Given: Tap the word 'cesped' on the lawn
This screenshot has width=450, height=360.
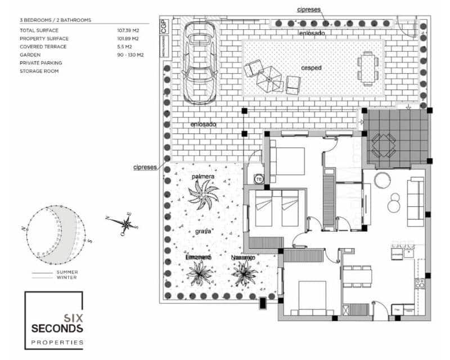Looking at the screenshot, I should coord(310,68).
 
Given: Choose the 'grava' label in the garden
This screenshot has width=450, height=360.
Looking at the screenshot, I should coord(204,231).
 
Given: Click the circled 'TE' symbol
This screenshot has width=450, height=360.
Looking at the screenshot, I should coord(259,179).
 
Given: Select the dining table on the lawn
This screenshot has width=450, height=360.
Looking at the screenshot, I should coord(367,68).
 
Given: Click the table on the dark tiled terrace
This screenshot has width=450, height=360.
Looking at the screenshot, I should coord(384,145).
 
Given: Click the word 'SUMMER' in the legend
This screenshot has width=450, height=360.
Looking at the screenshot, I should coord(67,272).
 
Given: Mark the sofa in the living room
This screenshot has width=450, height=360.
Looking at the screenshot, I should coord(416,201).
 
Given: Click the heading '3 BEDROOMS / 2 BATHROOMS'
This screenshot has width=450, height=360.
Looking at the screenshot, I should coord(55,20).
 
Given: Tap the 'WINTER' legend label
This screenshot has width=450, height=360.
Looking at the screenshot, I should coord(67,277).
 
